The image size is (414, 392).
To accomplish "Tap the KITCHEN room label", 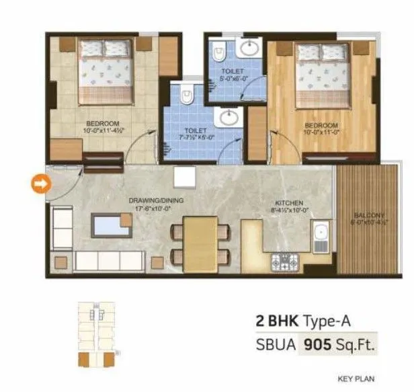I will (289, 202).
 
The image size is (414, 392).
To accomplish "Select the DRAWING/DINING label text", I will (156, 200).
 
